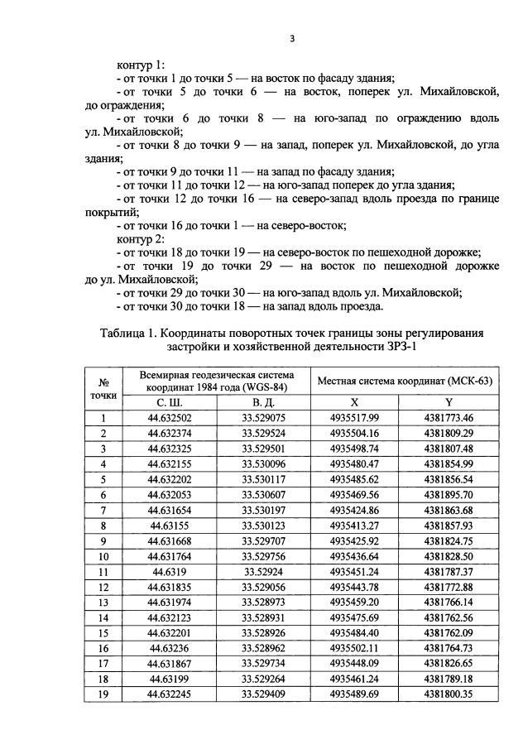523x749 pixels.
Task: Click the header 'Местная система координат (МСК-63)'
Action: point(401,381)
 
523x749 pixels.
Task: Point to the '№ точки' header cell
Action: point(104,388)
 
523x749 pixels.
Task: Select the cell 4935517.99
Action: point(353,417)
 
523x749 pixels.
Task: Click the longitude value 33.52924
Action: point(264,572)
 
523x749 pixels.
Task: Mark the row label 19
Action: point(104,695)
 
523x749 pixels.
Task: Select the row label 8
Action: point(104,526)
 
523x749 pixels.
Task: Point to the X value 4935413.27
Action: point(353,526)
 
